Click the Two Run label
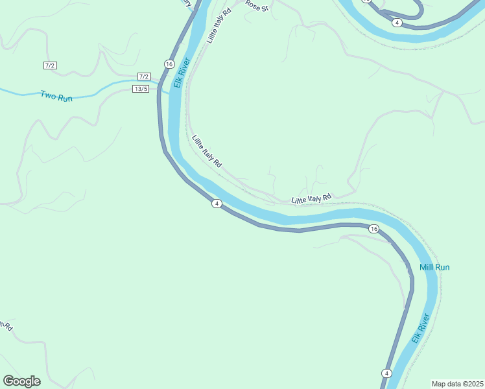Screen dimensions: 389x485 click(x=56, y=95)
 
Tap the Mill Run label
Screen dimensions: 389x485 click(x=434, y=267)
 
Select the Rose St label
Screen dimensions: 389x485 click(x=257, y=6)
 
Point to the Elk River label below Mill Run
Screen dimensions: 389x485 click(x=420, y=329)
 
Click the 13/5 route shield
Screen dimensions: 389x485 click(x=141, y=89)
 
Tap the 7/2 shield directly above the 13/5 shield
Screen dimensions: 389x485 click(x=144, y=77)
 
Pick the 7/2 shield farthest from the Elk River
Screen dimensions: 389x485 click(x=51, y=65)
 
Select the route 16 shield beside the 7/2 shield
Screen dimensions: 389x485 click(x=169, y=64)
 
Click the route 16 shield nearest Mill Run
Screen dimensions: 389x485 click(x=373, y=229)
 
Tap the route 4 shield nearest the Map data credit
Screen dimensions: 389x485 click(x=386, y=373)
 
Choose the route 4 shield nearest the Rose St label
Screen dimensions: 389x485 click(x=397, y=23)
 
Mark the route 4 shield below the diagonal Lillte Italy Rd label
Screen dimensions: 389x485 click(x=217, y=204)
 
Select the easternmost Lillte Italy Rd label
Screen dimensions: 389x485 click(x=311, y=198)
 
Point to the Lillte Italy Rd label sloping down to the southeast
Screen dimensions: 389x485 click(x=207, y=151)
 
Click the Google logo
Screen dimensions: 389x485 click(x=21, y=381)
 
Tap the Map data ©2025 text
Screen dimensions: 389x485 click(x=457, y=384)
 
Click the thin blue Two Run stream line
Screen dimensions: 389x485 click(x=19, y=93)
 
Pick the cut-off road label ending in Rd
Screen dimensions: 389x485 click(x=6, y=325)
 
